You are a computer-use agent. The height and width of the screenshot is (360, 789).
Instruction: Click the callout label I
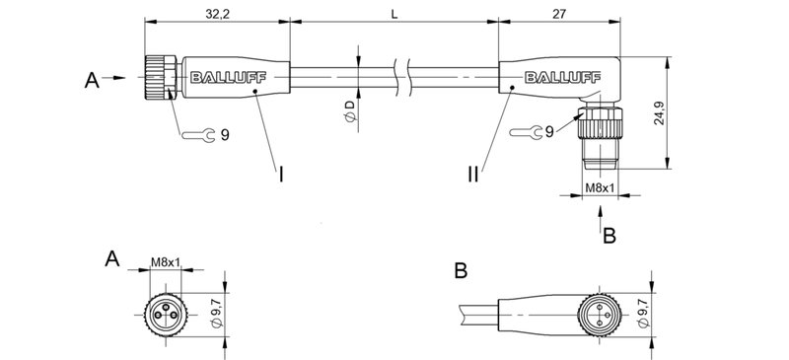[281, 176]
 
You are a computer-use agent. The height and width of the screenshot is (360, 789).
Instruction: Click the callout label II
[474, 176]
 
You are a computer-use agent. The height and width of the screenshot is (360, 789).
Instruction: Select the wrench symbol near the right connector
[531, 130]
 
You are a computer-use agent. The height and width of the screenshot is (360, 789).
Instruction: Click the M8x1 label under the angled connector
[601, 187]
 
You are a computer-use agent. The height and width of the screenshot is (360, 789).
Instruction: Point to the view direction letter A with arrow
[91, 77]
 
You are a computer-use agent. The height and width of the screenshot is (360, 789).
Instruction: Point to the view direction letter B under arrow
[609, 236]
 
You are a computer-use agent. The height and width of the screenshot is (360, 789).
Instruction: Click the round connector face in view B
[602, 315]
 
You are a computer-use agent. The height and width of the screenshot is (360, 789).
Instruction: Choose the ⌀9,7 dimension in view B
[644, 315]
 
